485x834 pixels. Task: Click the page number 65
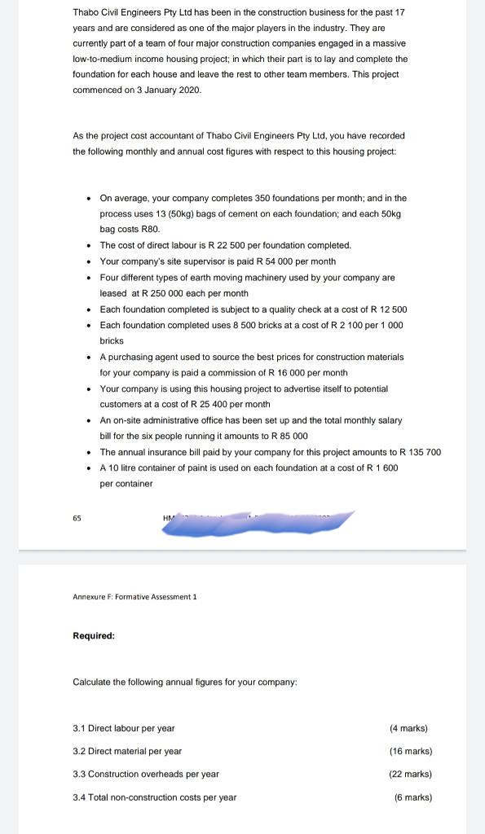(77, 517)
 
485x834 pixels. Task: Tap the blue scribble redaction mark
(257, 525)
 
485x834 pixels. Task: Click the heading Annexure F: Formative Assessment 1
(134, 597)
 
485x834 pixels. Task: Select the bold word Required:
(94, 636)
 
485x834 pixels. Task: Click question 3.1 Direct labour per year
(124, 728)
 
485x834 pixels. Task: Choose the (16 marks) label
(410, 751)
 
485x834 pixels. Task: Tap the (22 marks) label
(410, 774)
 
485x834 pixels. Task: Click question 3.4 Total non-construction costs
(155, 797)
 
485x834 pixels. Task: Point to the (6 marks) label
(412, 797)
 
